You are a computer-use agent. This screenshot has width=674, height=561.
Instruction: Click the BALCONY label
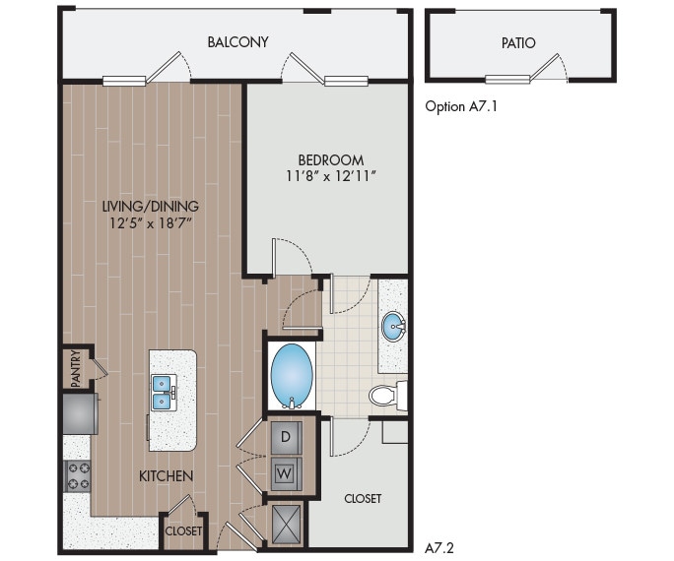237,42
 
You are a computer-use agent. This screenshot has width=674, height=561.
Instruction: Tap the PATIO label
517,43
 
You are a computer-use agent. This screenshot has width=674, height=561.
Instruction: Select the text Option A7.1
460,105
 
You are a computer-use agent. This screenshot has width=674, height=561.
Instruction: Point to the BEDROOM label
330,159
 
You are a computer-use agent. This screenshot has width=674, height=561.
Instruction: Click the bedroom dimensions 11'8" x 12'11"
330,176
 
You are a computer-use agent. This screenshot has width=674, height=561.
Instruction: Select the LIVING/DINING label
150,207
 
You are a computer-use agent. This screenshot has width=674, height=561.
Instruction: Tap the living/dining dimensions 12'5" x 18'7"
150,223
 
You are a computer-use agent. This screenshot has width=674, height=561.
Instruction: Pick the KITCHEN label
166,476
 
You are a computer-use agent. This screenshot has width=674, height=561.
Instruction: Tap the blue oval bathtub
292,375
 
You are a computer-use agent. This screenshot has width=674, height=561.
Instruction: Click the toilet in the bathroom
387,396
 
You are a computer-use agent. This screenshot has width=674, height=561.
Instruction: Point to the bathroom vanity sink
394,326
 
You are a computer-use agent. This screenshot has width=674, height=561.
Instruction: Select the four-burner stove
78,476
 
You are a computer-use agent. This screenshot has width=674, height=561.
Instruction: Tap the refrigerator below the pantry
79,413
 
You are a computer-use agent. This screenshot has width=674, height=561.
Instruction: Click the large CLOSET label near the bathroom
363,499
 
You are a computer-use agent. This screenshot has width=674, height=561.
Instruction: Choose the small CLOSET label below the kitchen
182,531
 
